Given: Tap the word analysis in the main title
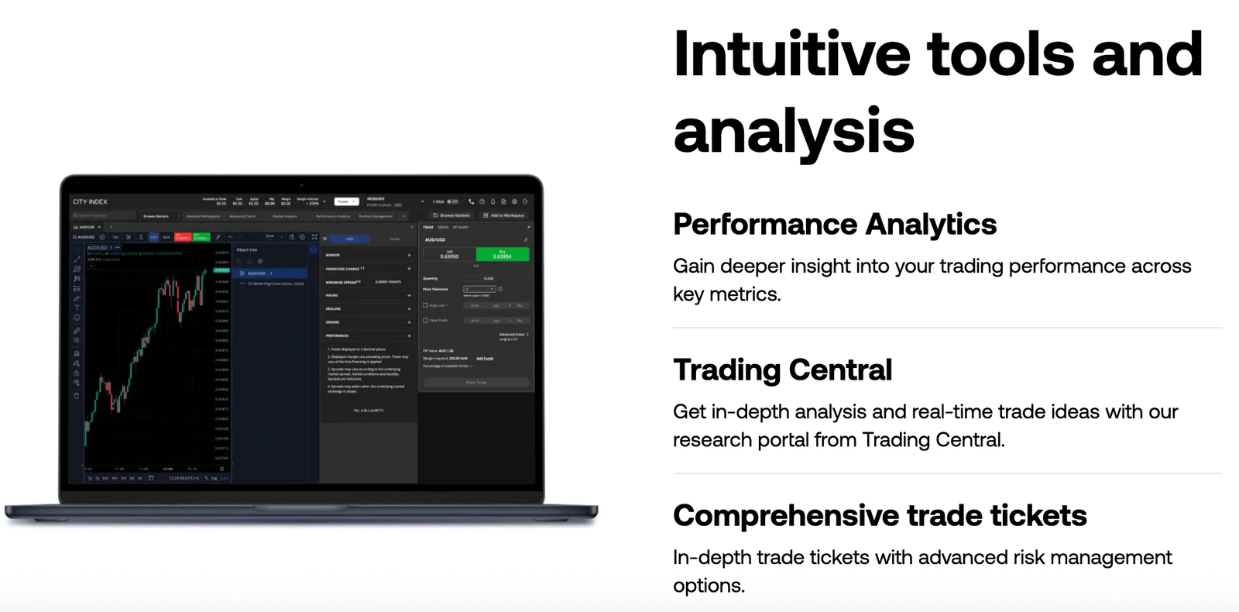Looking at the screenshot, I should [794, 130].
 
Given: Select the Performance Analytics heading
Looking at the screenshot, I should [834, 225].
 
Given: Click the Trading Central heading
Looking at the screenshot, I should [782, 370].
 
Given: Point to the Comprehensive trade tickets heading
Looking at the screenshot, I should [880, 516].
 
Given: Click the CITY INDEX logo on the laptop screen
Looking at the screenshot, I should [91, 201].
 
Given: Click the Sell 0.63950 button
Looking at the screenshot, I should [449, 254].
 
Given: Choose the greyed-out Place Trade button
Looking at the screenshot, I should [476, 383].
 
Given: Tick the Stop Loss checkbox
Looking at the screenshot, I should [425, 305].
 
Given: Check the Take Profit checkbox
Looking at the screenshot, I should [425, 320].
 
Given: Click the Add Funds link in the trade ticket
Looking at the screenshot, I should [485, 359].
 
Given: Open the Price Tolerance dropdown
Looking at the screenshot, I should [479, 289].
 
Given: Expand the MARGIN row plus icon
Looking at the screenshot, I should [409, 255].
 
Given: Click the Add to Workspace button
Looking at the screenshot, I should [504, 215].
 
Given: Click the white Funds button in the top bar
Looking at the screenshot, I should [343, 201].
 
